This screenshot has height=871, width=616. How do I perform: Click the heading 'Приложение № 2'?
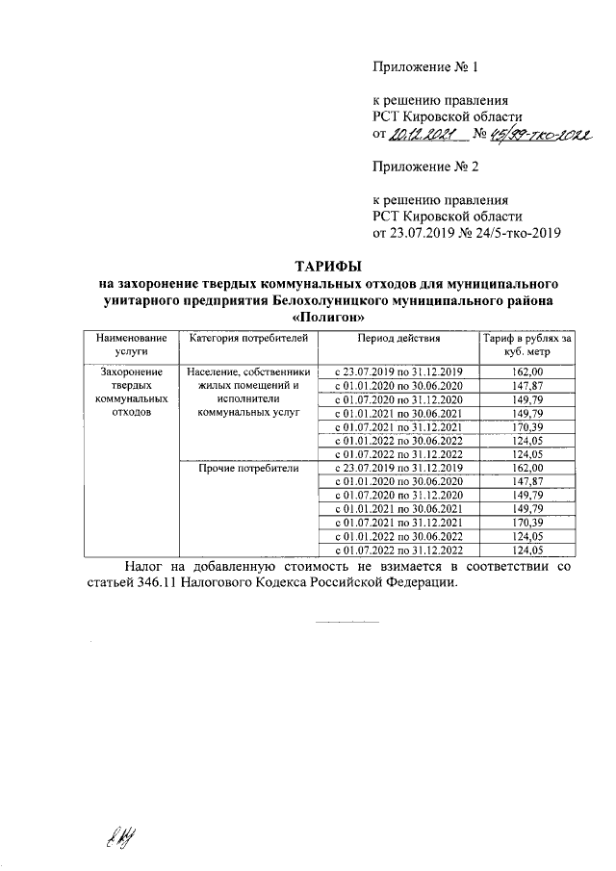[x=425, y=167]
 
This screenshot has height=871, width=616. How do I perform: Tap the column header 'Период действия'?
[x=398, y=339]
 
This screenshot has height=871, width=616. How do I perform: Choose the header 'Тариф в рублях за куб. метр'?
[x=527, y=346]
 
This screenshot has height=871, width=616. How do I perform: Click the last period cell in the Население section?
[x=398, y=453]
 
